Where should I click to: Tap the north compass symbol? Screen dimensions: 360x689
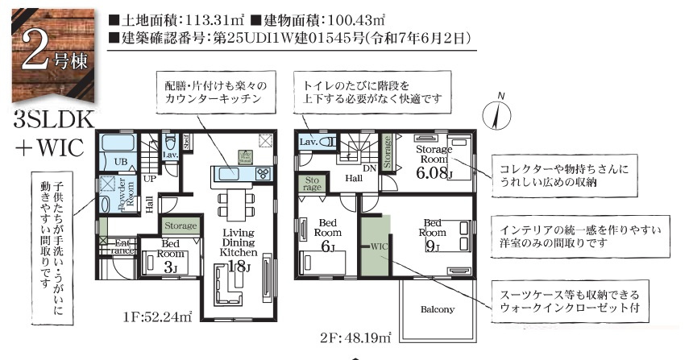click(496, 115)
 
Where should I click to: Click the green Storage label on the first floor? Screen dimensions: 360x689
click(180, 226)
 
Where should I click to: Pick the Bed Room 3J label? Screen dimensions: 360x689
click(170, 257)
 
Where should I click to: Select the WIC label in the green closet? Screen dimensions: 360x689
click(378, 246)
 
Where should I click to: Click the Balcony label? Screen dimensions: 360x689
click(438, 308)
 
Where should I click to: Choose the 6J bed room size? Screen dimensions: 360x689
click(328, 247)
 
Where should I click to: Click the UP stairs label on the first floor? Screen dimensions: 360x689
click(150, 178)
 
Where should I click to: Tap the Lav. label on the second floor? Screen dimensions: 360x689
click(306, 141)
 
